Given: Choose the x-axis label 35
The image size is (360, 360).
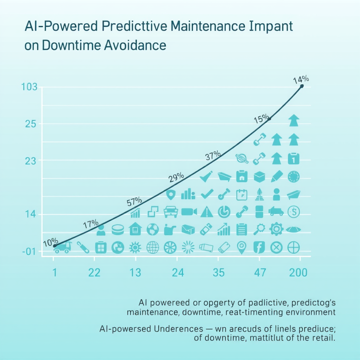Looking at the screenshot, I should click(x=219, y=273).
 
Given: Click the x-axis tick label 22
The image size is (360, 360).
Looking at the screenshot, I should click(x=95, y=273).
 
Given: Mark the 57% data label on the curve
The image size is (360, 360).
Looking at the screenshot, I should click(x=134, y=202).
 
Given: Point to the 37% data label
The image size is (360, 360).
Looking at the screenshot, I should click(x=213, y=155).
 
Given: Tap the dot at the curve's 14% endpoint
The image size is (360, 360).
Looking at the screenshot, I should click(x=302, y=86).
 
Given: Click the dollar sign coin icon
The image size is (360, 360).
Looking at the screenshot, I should click(x=293, y=211).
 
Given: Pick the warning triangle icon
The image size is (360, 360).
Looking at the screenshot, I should click(x=207, y=212).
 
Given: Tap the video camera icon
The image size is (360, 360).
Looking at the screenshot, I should click(x=189, y=212).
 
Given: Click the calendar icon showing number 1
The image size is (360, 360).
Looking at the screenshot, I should click(x=293, y=159).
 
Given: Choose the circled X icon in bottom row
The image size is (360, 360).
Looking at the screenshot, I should click(x=276, y=247).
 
